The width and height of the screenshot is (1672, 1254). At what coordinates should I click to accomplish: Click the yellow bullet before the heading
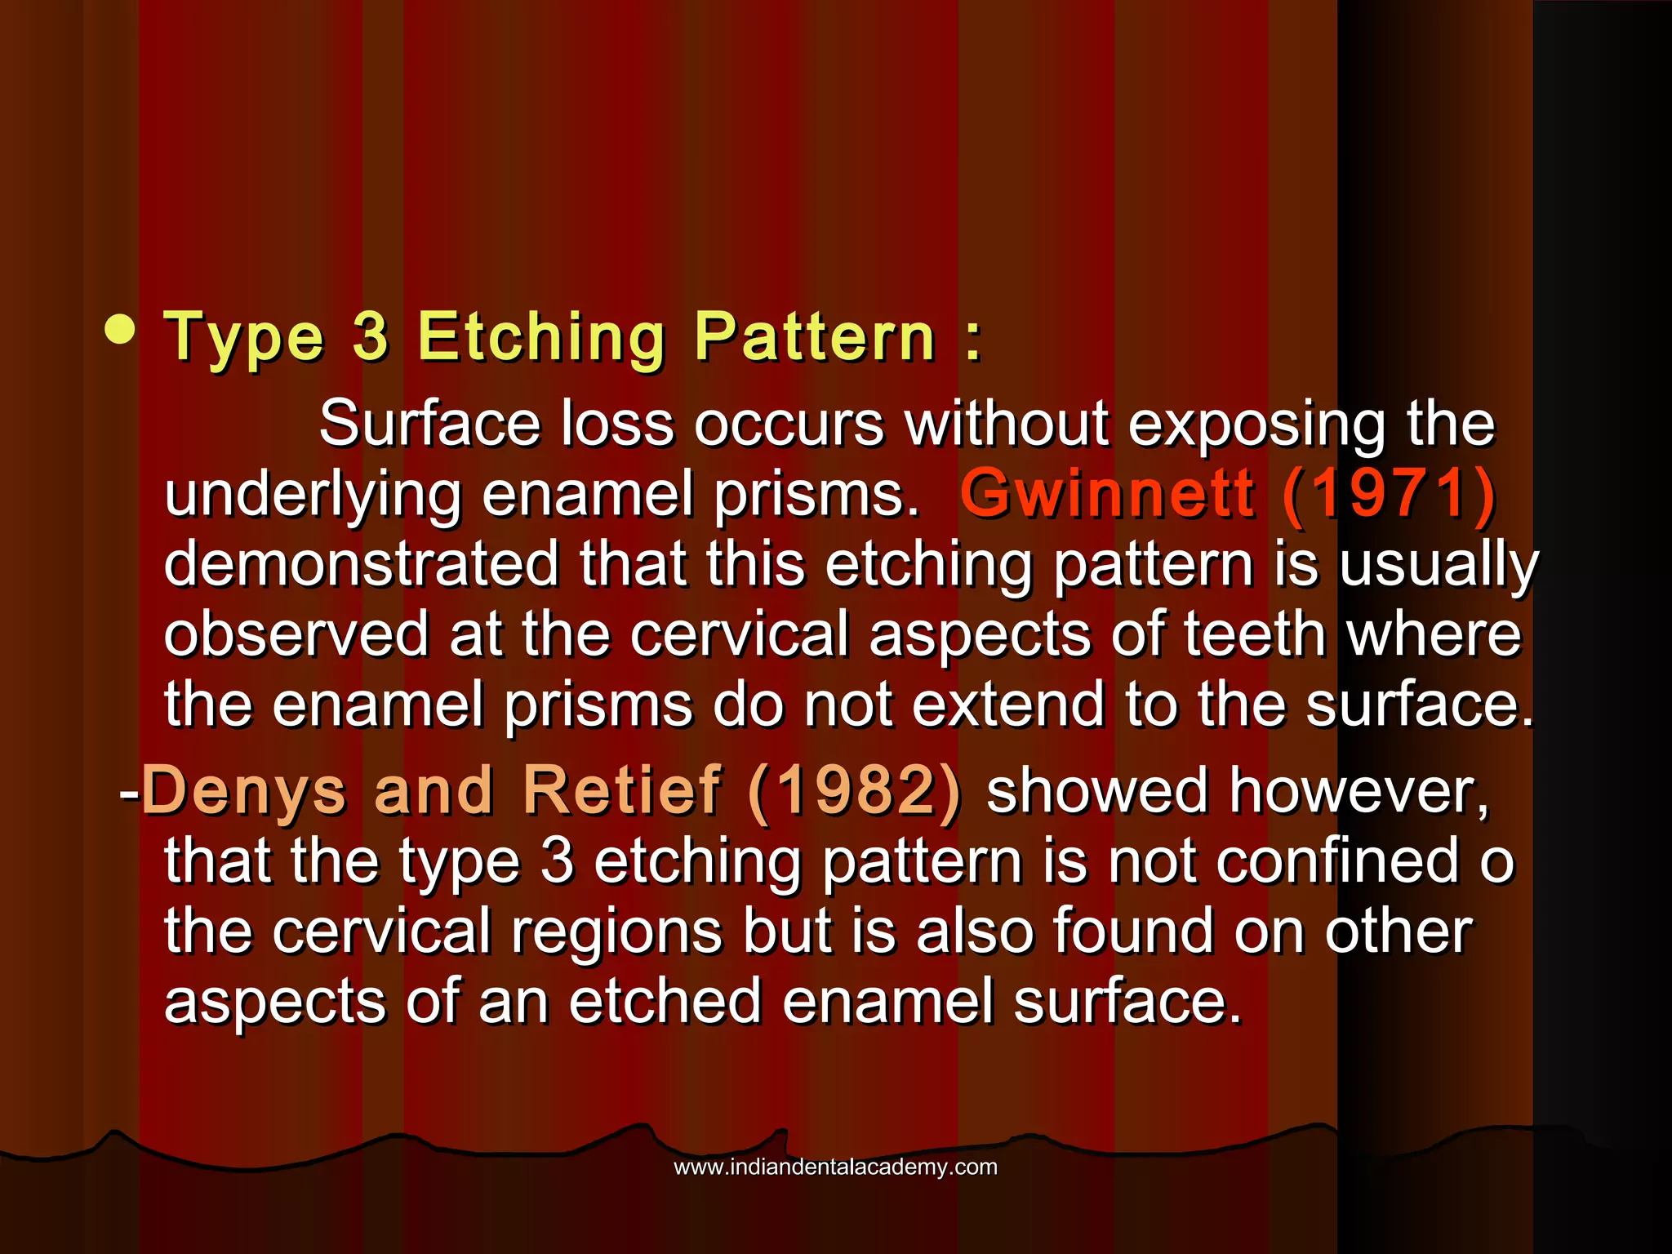pos(121,331)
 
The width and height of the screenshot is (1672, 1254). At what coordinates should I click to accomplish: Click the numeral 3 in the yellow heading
pos(371,336)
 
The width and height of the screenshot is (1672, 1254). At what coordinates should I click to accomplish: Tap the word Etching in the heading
pos(541,338)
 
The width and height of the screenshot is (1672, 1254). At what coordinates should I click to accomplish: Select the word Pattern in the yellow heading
pos(815,336)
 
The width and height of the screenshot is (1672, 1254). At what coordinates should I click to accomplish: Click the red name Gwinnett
pos(1106,493)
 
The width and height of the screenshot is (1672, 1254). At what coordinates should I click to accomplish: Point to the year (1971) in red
pos(1389,494)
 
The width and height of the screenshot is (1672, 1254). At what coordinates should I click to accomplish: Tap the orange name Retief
pos(622,790)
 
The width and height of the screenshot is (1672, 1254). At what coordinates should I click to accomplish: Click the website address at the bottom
pos(835,1167)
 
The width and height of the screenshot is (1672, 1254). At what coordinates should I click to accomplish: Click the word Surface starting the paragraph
pos(429,424)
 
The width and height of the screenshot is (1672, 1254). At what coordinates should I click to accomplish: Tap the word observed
pos(296,634)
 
